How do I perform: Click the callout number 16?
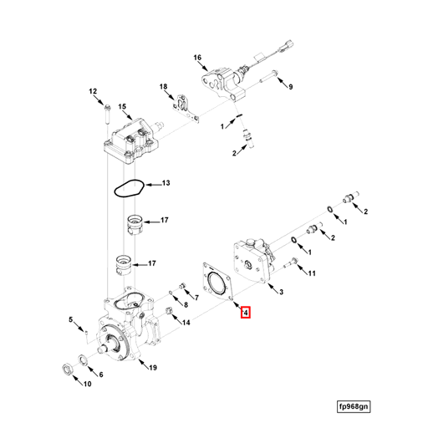click(x=198, y=58)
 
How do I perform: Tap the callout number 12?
click(x=94, y=91)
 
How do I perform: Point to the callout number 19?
click(x=151, y=367)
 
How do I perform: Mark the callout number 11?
click(x=312, y=273)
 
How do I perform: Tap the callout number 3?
click(x=281, y=291)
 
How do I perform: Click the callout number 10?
click(x=86, y=385)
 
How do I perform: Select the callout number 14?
click(x=186, y=322)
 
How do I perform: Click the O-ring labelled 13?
click(x=128, y=187)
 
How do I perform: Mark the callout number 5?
click(x=72, y=319)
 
